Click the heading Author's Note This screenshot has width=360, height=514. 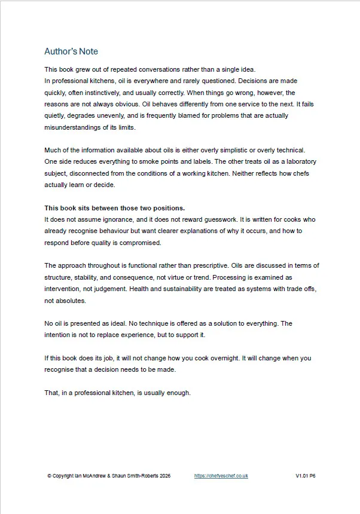click(71, 51)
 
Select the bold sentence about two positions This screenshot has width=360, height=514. click(115, 208)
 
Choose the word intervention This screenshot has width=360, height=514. click(63, 289)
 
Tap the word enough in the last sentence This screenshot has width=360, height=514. click(178, 393)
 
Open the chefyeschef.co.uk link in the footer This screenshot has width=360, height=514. click(221, 476)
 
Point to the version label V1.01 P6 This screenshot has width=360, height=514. click(305, 476)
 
